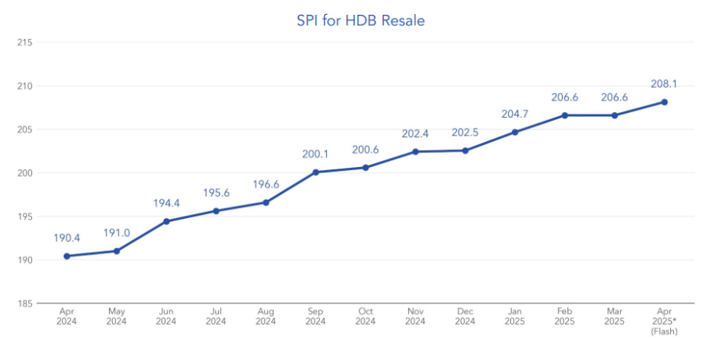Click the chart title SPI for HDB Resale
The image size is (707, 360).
361,21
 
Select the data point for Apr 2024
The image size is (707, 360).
67,256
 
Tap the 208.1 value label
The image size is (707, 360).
664,83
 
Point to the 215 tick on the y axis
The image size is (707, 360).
24,42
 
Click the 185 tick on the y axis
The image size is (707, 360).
24,303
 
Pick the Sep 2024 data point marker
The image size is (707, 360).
315,172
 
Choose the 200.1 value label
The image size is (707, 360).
315,154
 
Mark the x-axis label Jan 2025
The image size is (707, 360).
515,316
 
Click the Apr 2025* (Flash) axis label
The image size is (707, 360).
664,321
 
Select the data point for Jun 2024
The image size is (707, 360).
166,221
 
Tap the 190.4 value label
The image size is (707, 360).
67,238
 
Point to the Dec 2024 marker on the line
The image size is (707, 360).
465,151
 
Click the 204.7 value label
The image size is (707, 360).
515,114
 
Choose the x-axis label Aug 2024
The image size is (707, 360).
266,316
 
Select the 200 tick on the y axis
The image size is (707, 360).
24,173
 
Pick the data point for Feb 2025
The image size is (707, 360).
564,115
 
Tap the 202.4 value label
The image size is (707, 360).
415,133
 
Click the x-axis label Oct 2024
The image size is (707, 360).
365,316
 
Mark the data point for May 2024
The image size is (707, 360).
116,251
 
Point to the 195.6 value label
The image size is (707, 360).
216,192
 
